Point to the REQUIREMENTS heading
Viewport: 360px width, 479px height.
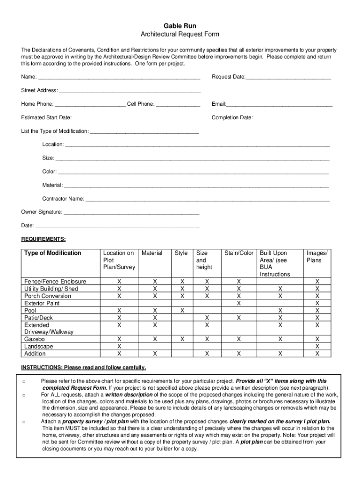pos(43,239)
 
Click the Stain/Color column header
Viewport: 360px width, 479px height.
pos(238,253)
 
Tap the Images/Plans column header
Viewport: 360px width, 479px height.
pos(317,256)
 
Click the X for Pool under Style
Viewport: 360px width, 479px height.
pos(182,310)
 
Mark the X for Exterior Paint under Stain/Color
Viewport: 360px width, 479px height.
pos(238,303)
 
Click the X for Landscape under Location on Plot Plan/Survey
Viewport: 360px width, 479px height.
pos(119,346)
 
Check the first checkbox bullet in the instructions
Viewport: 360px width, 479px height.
pos(23,382)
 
